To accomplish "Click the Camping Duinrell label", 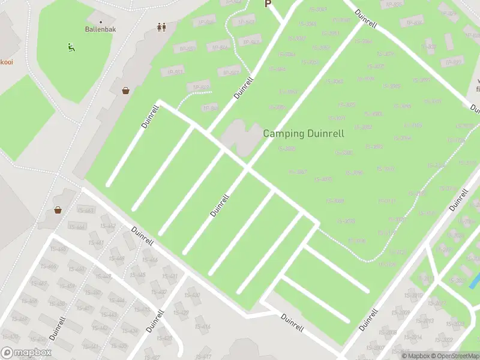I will tap(304, 134).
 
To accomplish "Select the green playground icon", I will tap(71, 47).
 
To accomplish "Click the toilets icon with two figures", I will tap(161, 27).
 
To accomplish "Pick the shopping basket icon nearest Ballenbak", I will tap(126, 91).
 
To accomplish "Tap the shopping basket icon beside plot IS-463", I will tap(58, 210).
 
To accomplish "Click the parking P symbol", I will tap(268, 4).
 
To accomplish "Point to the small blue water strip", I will tap(474, 280).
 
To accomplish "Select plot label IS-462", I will tap(108, 226).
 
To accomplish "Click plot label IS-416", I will tap(202, 327).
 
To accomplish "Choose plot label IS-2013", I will tap(424, 320).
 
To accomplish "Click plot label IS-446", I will tap(150, 260).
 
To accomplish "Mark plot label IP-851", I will tap(175, 71).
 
